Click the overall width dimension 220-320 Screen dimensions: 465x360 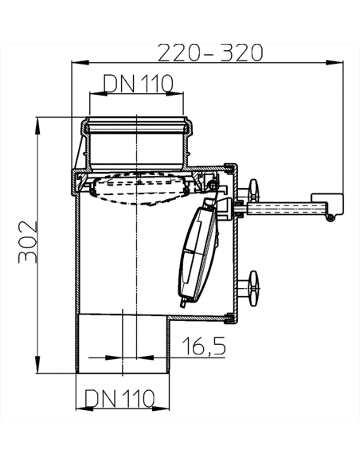[x=209, y=53]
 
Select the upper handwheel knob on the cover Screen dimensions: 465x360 [x=254, y=191]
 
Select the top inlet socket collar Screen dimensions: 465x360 [x=139, y=126]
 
